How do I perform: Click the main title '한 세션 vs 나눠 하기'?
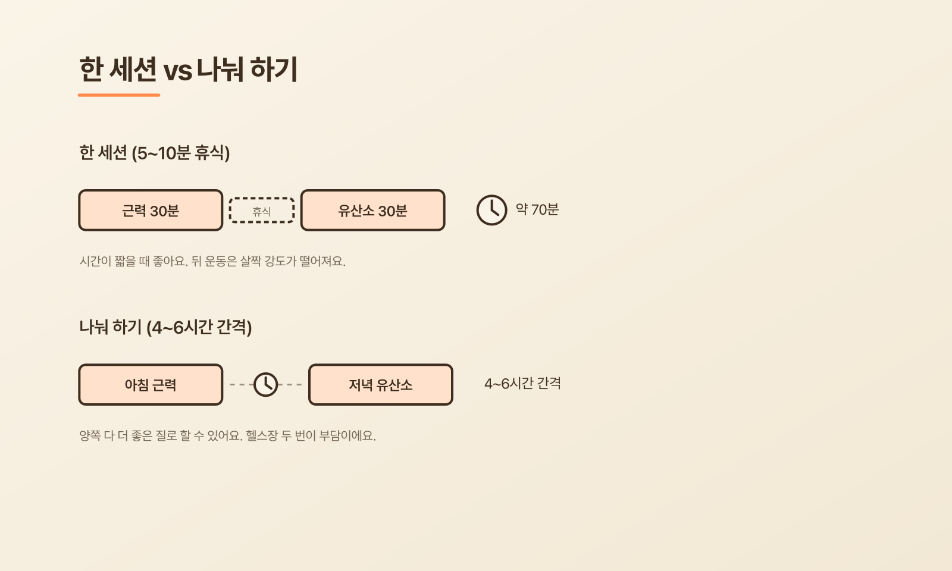pyautogui.click(x=188, y=69)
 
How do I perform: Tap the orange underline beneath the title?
pyautogui.click(x=119, y=95)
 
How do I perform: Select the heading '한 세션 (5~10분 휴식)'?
pyautogui.click(x=154, y=153)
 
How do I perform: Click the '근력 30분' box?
pyautogui.click(x=151, y=211)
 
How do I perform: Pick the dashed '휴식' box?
pyautogui.click(x=262, y=211)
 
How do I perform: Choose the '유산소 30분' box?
pyautogui.click(x=372, y=211)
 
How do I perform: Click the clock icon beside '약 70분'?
pyautogui.click(x=491, y=210)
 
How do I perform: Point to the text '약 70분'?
pyautogui.click(x=537, y=209)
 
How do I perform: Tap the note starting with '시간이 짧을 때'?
pyautogui.click(x=212, y=261)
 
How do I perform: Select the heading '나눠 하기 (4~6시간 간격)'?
pyautogui.click(x=165, y=327)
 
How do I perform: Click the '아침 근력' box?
pyautogui.click(x=151, y=384)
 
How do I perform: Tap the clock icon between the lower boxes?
pyautogui.click(x=265, y=384)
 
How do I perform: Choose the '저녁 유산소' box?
pyautogui.click(x=380, y=384)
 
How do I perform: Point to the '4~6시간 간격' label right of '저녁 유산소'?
pyautogui.click(x=522, y=384)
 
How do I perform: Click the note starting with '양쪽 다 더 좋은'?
pyautogui.click(x=227, y=435)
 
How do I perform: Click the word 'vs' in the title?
pyautogui.click(x=178, y=71)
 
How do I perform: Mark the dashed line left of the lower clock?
pyautogui.click(x=242, y=384)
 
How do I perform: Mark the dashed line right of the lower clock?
pyautogui.click(x=290, y=384)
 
